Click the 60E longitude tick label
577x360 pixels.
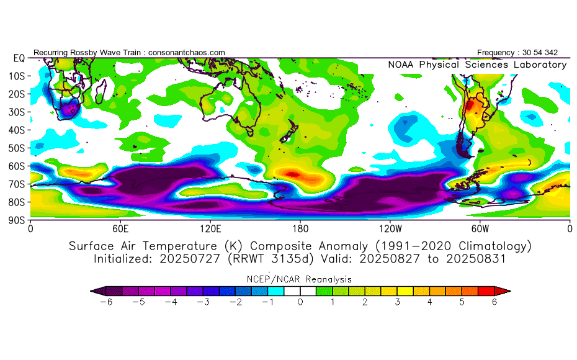(x=120, y=228)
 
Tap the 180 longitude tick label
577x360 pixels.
(x=300, y=228)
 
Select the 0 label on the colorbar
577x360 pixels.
(x=300, y=302)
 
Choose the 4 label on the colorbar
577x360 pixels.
(x=429, y=302)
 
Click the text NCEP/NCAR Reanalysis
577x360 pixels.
(x=300, y=279)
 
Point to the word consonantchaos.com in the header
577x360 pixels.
(x=187, y=52)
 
